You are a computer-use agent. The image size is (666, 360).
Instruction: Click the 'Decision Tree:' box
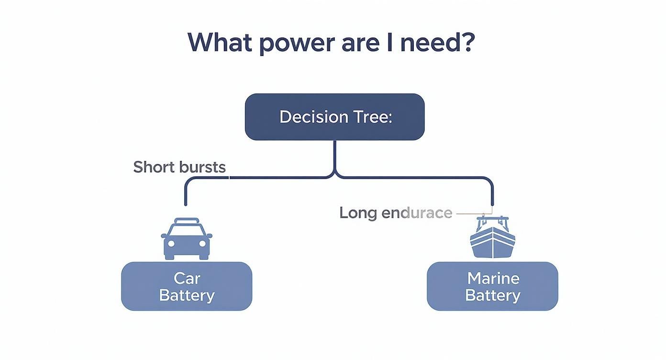[x=334, y=117]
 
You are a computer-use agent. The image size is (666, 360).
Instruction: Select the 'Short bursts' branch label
[x=179, y=167]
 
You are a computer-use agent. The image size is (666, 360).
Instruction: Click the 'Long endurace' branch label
[x=396, y=213]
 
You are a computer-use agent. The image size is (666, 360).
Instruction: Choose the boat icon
[x=492, y=238]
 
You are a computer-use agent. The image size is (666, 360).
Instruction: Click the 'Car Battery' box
[x=187, y=286]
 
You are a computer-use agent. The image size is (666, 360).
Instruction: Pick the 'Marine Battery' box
[x=492, y=286]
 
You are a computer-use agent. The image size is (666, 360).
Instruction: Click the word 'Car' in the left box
[x=187, y=278]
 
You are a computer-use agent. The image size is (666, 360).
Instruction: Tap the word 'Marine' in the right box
[x=493, y=278]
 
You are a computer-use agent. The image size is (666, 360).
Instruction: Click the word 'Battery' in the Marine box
[x=492, y=295]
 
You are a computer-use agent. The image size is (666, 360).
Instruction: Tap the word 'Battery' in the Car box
[x=187, y=295]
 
